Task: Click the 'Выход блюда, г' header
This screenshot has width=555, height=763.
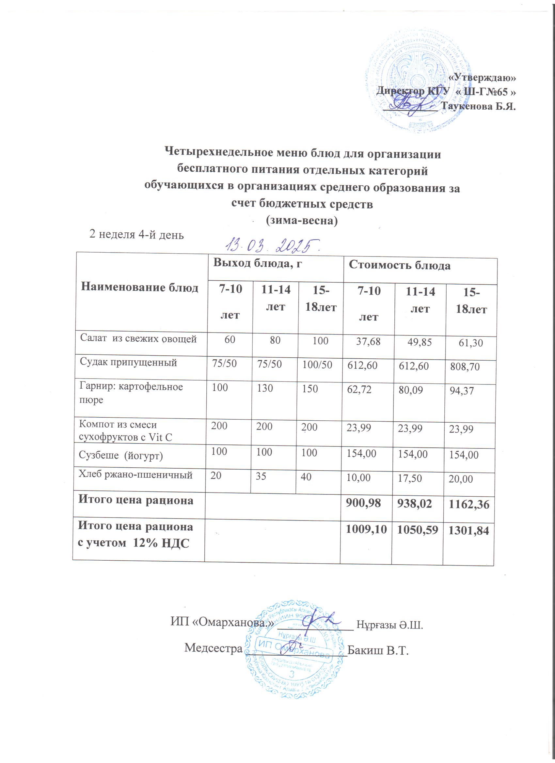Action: pos(257,263)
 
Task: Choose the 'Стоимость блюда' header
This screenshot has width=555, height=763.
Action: pos(399,265)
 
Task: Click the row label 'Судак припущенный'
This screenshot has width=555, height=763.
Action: pos(128,362)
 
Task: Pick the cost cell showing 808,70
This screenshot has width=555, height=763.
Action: pos(465,366)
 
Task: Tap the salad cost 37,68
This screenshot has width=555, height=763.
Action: pos(368,341)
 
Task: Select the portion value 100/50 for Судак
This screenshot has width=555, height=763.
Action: pos(317,365)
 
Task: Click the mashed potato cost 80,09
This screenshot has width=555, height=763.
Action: pos(411,390)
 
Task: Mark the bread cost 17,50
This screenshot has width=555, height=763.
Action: pos(410,478)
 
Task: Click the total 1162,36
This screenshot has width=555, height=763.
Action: pos(468,505)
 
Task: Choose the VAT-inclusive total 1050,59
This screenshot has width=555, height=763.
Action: pos(417,531)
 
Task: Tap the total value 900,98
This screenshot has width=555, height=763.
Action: pos(363,503)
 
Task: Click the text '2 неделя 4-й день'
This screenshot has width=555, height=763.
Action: pos(136,235)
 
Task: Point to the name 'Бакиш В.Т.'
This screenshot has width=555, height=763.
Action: pos(377,650)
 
